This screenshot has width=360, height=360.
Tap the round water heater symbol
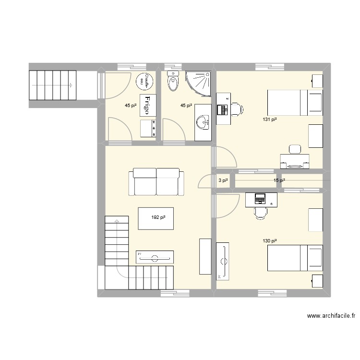tap(145, 81)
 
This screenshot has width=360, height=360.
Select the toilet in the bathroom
tap(172, 82)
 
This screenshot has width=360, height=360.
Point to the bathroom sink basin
tap(204, 122)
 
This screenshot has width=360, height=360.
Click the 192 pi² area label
tap(158, 217)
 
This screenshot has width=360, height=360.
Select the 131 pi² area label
tap(269, 120)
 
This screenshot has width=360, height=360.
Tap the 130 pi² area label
tap(269, 241)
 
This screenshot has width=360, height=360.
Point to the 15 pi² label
tap(279, 181)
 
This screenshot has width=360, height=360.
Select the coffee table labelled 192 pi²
tap(156, 218)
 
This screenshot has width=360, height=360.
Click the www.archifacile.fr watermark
tap(333, 316)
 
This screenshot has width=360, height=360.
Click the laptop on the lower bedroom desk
tap(260, 197)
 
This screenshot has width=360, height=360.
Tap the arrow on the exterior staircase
tap(71, 85)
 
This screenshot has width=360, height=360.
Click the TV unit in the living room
tap(155, 257)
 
